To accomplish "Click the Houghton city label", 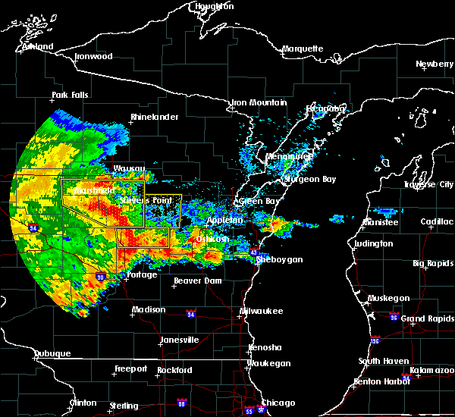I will (x=215, y=6).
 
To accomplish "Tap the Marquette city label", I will (x=303, y=49).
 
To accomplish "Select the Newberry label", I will (x=435, y=64).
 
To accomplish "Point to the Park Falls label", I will (x=70, y=96).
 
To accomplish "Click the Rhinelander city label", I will (x=154, y=118).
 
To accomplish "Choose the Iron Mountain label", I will (x=259, y=102).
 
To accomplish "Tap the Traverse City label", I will (x=429, y=185).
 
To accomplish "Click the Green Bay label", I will (x=256, y=202).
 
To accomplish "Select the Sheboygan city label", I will (x=279, y=260).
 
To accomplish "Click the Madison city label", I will (x=149, y=310).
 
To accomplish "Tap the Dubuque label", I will (x=52, y=354).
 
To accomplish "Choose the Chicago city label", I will (x=278, y=403).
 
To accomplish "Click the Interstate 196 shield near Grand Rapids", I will (x=375, y=339).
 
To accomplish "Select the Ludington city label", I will (x=374, y=244).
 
